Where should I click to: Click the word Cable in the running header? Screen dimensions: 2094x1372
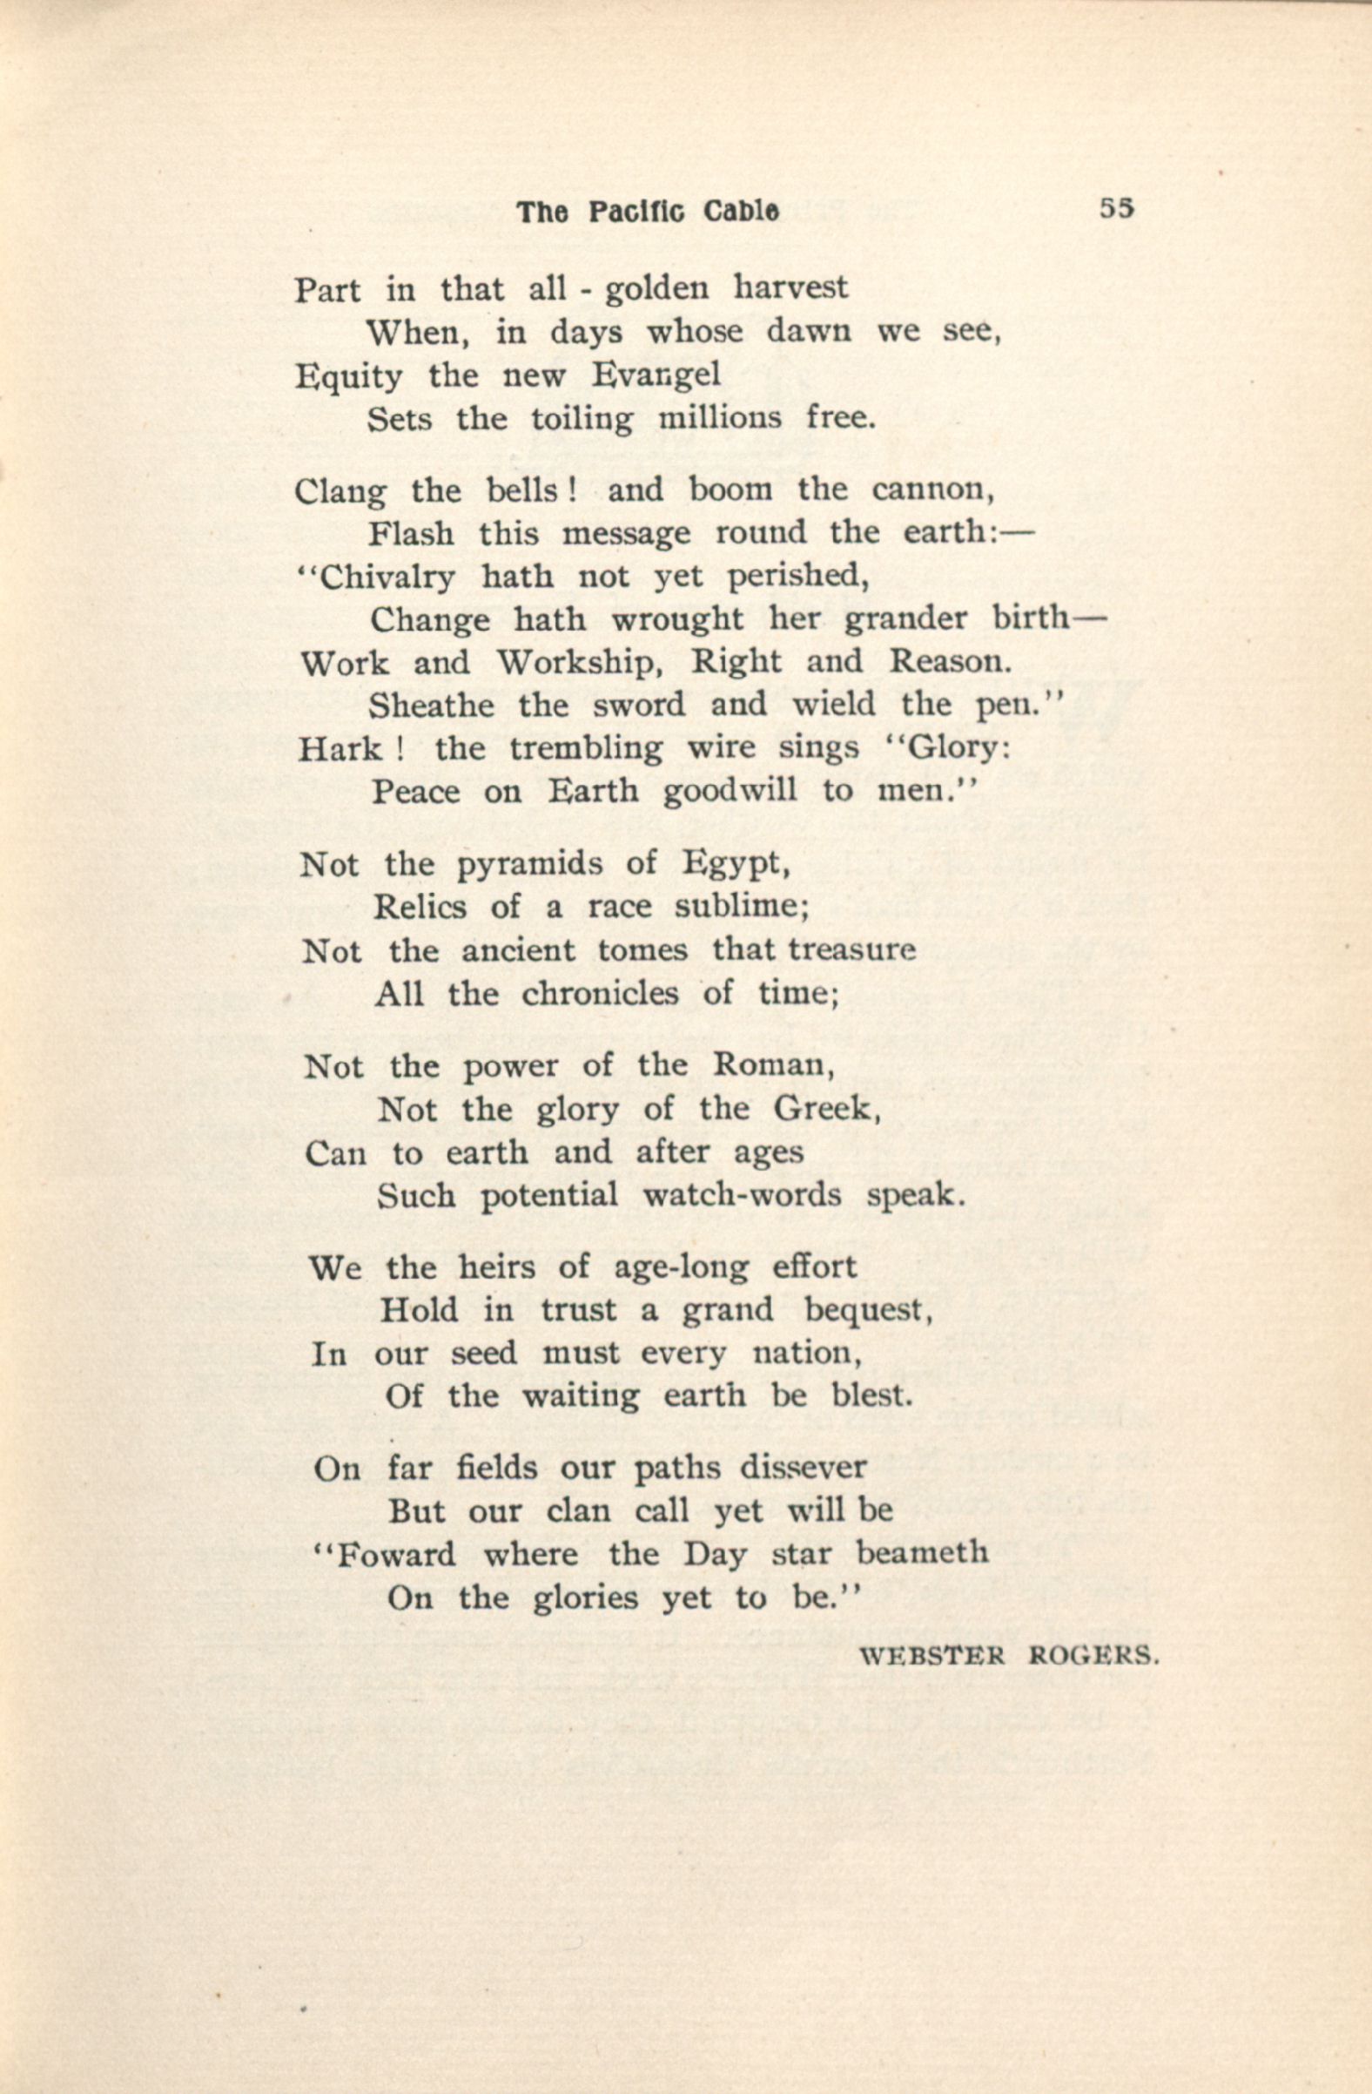pos(741,211)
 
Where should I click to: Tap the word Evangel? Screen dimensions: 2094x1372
pos(656,375)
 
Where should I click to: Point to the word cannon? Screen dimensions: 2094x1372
pos(932,490)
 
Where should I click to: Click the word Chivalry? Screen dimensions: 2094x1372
pos(387,578)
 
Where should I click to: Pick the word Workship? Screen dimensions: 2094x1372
pos(579,663)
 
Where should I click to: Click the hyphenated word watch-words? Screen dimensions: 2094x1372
pos(743,1196)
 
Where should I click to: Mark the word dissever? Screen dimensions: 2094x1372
pos(803,1469)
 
